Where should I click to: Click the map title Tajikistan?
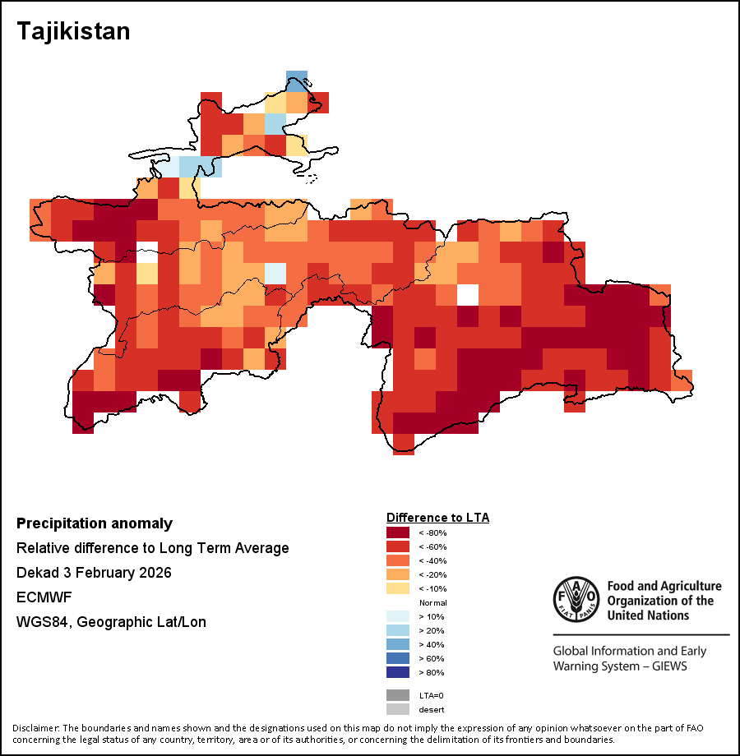tap(74, 31)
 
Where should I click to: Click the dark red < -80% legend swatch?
tap(398, 532)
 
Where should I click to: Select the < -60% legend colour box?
tap(398, 546)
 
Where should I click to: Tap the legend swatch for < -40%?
tap(398, 560)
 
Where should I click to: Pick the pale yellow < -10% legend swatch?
tap(398, 588)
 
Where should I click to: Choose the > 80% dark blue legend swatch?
tap(398, 672)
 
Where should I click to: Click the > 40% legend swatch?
tap(398, 644)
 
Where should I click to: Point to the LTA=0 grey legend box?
tap(398, 695)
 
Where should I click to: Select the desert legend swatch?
tap(398, 709)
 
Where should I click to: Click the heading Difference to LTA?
tap(437, 518)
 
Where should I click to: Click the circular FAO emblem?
tap(576, 602)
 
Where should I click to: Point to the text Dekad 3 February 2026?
tap(94, 573)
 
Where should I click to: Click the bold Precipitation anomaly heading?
tap(95, 523)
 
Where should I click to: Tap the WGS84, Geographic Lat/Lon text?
tap(111, 622)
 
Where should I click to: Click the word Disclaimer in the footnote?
tap(35, 728)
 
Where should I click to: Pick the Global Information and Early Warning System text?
tap(629, 658)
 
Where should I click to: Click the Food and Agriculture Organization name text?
tap(664, 600)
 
